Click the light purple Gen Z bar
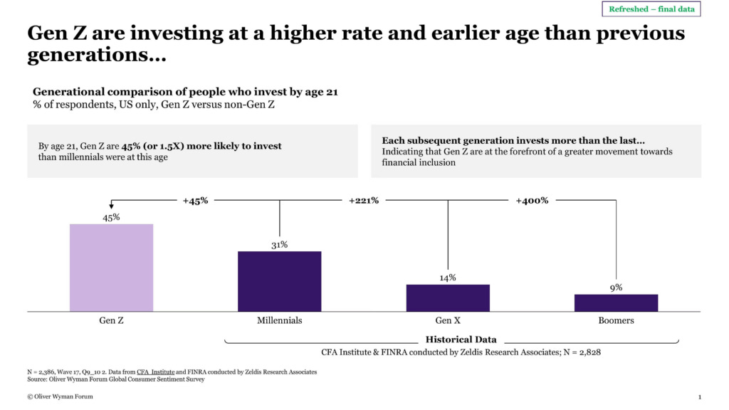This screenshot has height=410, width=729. click(111, 268)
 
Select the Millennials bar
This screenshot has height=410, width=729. click(279, 281)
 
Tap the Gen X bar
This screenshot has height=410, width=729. click(448, 298)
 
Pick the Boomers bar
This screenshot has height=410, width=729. click(616, 303)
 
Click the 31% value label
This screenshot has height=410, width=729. click(279, 245)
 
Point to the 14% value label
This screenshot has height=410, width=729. click(448, 278)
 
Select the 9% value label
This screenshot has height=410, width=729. click(616, 288)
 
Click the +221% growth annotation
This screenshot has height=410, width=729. click(363, 201)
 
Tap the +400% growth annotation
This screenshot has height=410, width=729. click(532, 201)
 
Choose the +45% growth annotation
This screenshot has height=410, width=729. click(195, 201)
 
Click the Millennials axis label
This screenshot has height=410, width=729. click(279, 320)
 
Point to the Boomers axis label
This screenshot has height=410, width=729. click(616, 320)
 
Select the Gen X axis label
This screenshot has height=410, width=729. click(448, 320)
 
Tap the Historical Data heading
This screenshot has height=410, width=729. click(461, 340)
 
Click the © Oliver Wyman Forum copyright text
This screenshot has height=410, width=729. click(60, 396)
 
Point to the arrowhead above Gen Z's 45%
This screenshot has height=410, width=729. click(111, 206)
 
